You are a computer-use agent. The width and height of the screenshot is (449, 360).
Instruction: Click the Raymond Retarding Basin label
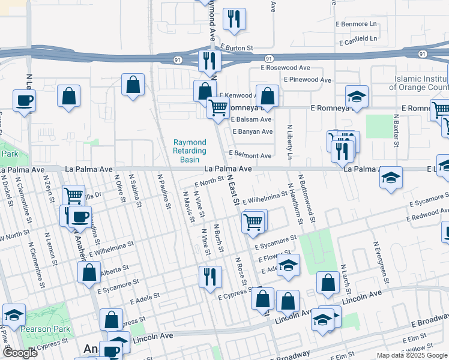click(x=190, y=151)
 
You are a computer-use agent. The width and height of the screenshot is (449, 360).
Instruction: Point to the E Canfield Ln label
click(x=358, y=39)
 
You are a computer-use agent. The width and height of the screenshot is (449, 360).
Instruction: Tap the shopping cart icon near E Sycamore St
click(x=253, y=221)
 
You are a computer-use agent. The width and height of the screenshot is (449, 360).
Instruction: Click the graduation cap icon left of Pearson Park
click(x=14, y=314)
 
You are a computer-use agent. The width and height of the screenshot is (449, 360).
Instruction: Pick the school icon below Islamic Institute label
click(x=357, y=96)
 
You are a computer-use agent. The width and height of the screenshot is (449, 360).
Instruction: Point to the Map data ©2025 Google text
click(x=411, y=355)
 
